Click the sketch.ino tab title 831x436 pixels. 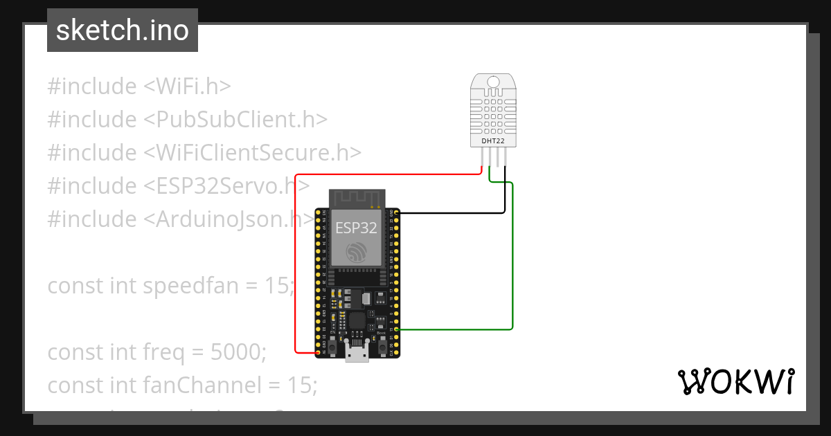123,30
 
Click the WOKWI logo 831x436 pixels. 735,381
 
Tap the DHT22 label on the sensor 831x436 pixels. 493,140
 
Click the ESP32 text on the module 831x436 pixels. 356,228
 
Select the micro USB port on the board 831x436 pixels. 357,354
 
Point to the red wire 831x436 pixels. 296,263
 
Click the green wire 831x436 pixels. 512,263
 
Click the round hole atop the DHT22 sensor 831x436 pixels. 493,82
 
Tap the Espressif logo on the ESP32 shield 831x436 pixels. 357,252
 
